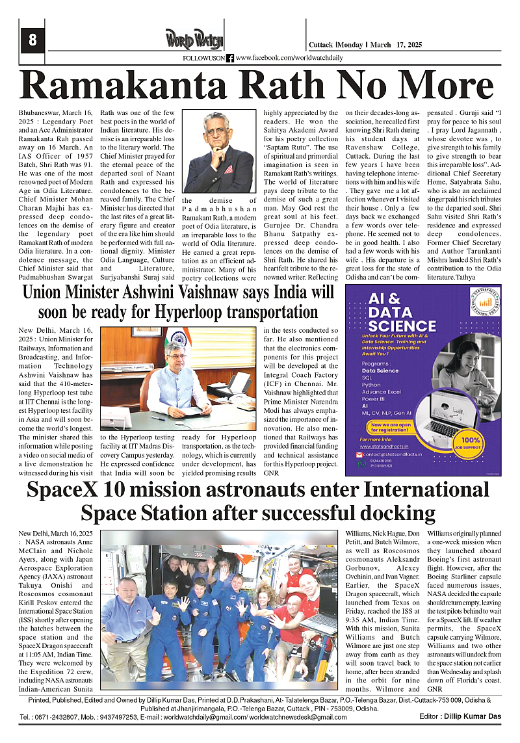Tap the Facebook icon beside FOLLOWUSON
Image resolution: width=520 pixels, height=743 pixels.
230,59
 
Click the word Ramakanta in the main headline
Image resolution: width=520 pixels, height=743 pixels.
114,86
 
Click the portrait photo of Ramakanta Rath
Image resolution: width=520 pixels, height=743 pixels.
218,151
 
